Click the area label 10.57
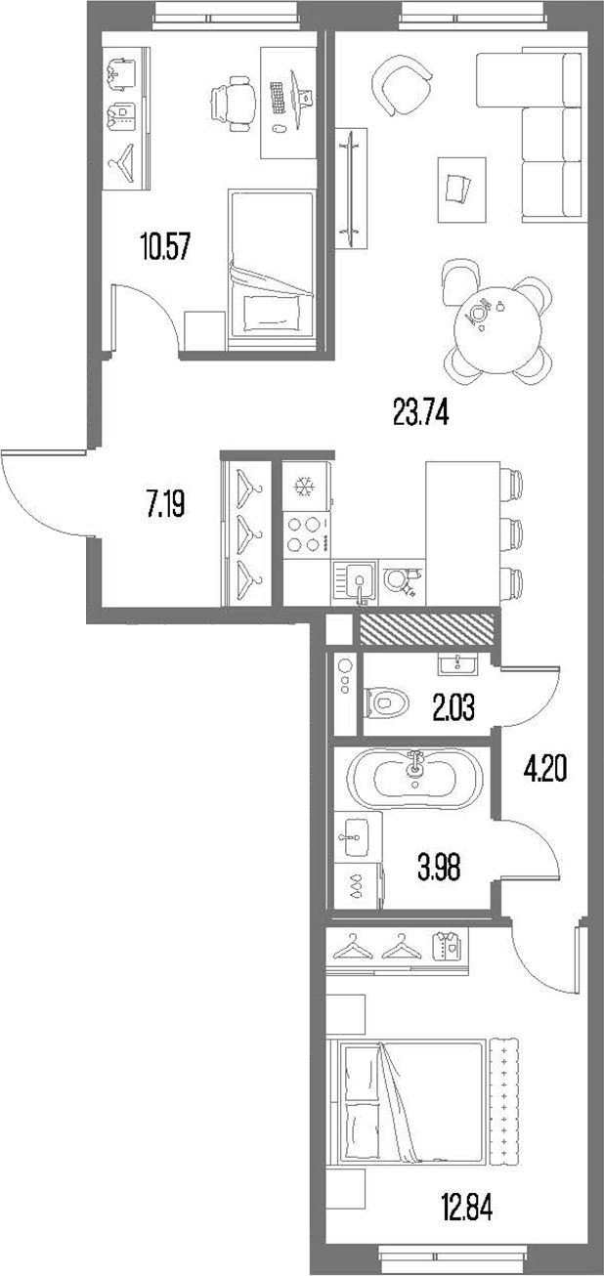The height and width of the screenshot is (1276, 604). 164,245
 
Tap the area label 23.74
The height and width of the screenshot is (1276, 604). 420,414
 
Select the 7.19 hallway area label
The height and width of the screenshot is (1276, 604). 165,504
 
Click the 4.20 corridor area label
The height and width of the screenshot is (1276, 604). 544,770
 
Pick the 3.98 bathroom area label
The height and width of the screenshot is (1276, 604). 438,865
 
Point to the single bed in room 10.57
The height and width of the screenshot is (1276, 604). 271,264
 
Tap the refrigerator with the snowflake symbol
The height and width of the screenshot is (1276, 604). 306,485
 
